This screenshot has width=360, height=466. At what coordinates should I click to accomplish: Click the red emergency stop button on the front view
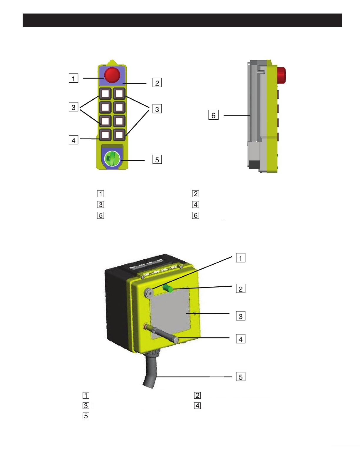112,75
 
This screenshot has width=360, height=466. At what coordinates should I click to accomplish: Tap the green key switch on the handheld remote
112,159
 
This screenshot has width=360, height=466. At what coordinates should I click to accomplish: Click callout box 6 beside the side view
213,115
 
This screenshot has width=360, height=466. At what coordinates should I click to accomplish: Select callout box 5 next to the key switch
157,159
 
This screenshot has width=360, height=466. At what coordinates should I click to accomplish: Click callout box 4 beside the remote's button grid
73,140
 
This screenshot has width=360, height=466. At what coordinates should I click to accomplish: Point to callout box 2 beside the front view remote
157,83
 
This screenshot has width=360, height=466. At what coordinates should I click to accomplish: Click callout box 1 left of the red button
73,78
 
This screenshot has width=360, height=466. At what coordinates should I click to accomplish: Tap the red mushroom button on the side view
282,75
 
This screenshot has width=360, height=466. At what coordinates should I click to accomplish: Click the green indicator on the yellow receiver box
168,288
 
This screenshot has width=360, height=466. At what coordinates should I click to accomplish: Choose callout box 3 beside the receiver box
241,316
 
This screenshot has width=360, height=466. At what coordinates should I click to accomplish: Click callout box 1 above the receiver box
241,258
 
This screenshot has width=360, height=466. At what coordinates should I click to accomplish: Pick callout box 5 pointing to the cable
241,377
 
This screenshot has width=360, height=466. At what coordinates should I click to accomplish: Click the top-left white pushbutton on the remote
105,93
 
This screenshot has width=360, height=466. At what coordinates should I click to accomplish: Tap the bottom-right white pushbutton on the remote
119,135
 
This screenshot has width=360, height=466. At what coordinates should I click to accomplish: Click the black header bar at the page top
182,20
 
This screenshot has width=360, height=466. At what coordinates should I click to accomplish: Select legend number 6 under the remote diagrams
195,215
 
